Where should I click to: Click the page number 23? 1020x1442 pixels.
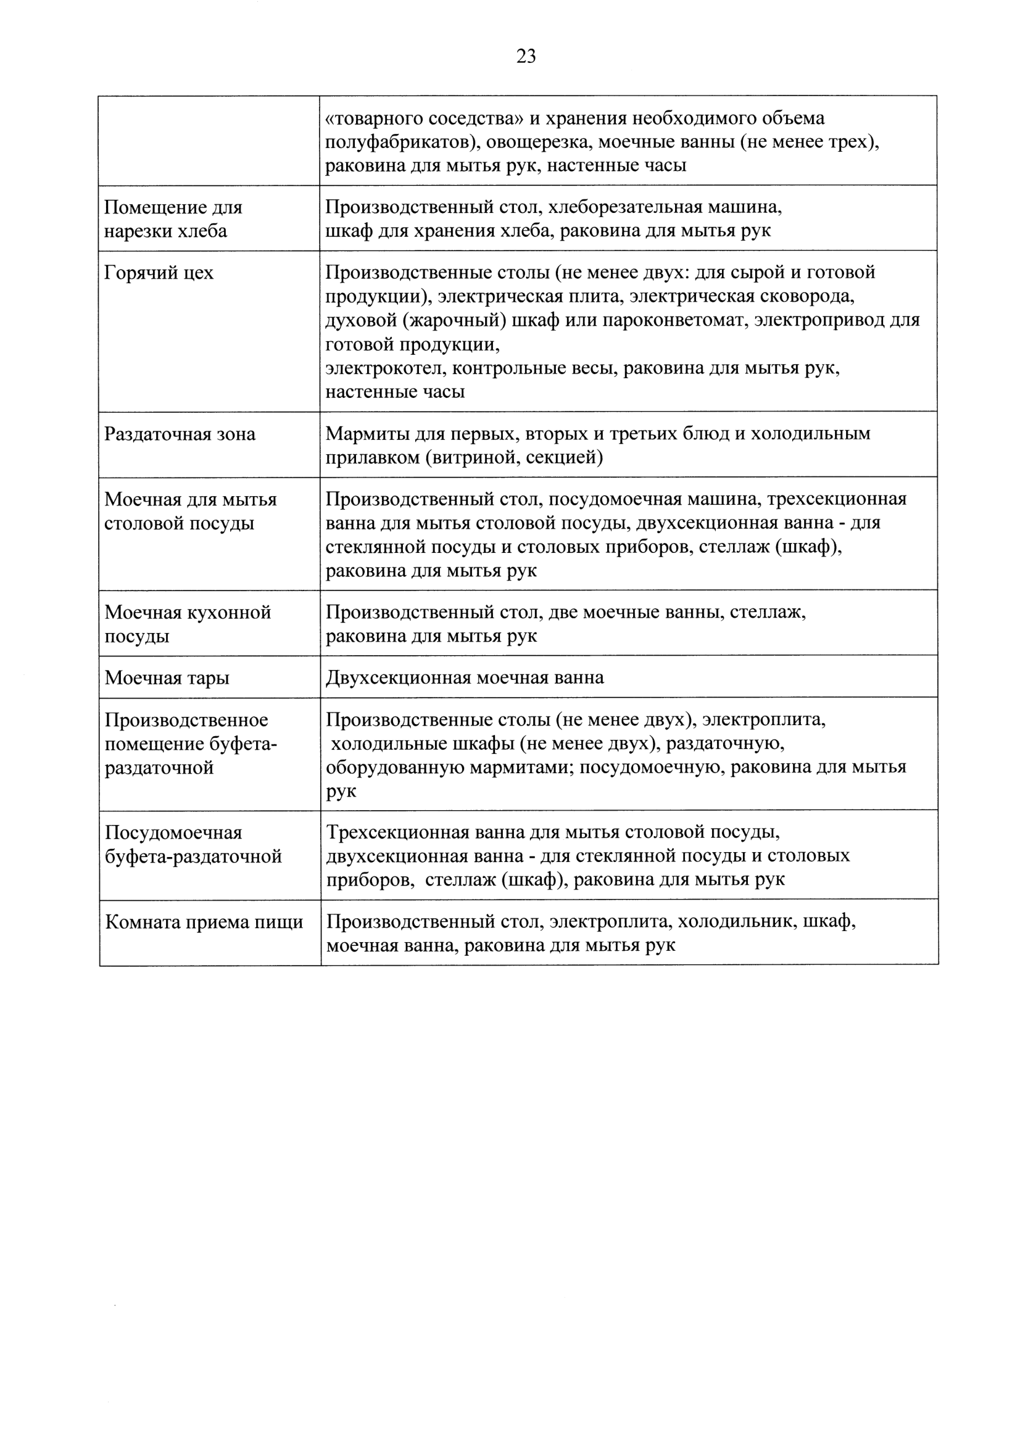pyautogui.click(x=526, y=57)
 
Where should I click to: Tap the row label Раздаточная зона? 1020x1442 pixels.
pyautogui.click(x=180, y=434)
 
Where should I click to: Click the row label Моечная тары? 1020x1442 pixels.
pyautogui.click(x=167, y=677)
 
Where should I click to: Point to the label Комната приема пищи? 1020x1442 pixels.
pyautogui.click(x=204, y=922)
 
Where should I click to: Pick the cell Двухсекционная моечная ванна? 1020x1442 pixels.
pyautogui.click(x=465, y=677)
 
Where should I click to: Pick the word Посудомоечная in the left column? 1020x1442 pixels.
pyautogui.click(x=173, y=833)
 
